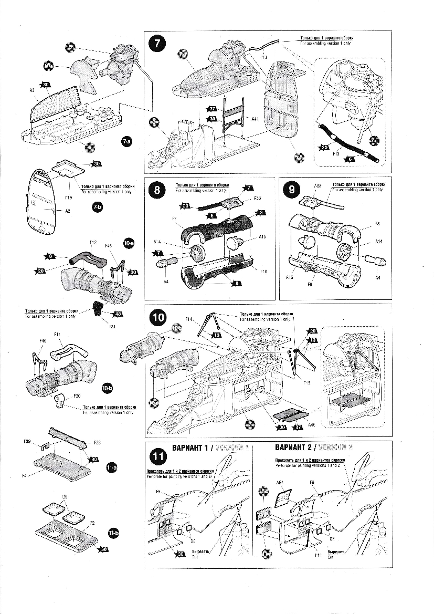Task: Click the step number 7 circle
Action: coord(156,44)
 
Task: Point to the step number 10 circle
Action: coord(157,317)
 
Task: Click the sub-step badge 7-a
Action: coord(126,142)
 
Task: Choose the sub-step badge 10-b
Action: coord(108,388)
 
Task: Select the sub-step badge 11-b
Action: coord(113,533)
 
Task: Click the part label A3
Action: coord(32,90)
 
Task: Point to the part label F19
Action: coord(68,198)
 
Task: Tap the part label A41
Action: coord(255,119)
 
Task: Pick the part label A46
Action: coord(311,424)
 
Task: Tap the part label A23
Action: coord(257,199)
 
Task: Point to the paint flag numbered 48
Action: coord(117,314)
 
